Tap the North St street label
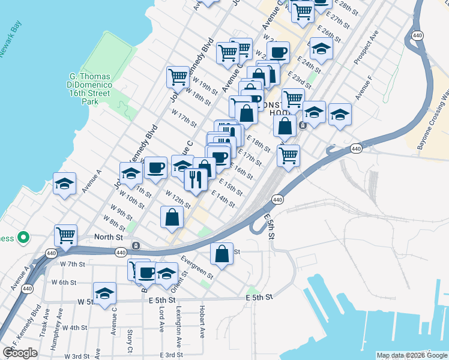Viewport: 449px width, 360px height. coord(108,237)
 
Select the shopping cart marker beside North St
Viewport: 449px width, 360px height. coord(65,235)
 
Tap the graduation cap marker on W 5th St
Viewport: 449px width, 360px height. coord(104,293)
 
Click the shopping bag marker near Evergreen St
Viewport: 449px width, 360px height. coord(222,253)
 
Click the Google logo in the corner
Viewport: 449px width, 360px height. coord(20,353)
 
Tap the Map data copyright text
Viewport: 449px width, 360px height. coord(412,355)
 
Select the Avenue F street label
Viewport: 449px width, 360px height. coord(364,88)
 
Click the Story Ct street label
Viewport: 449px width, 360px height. coord(130,341)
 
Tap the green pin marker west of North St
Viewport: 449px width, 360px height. coord(23,238)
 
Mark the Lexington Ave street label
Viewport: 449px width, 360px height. coord(179,328)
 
